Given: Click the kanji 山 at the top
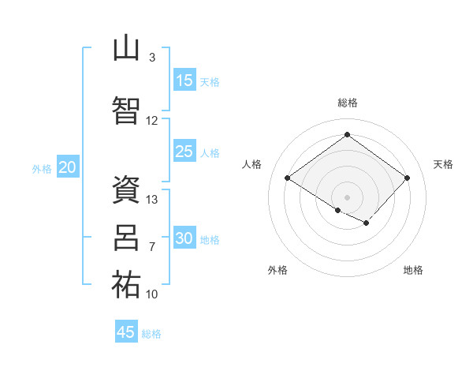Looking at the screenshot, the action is coord(126,47).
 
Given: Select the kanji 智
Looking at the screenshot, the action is coord(126,111).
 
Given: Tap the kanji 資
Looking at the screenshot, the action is coord(126,189).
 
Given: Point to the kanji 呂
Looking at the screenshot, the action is coord(126,238).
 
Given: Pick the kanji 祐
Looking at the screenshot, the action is coord(126,284).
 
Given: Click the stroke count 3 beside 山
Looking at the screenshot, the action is coord(152,58).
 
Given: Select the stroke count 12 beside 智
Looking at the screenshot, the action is coord(151,121).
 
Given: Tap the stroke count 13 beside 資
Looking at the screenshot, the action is coord(151,200).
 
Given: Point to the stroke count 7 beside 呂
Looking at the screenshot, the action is coord(152,247).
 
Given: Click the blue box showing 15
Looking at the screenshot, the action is coord(185,80).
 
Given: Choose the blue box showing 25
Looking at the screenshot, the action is coord(185,151).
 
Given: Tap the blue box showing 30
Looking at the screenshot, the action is coord(185,237).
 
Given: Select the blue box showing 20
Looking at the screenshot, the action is coord(68,167).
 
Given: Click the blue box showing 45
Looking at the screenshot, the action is coord(126,331).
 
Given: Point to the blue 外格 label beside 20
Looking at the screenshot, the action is coord(42,169).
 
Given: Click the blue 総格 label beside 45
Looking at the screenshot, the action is coord(151,334).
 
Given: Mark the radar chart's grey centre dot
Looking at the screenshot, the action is coord(347,197).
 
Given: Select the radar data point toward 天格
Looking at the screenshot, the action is coord(407,178).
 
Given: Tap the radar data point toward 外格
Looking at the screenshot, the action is coord(338,210).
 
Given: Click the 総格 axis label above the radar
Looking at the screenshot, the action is coord(348,103).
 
